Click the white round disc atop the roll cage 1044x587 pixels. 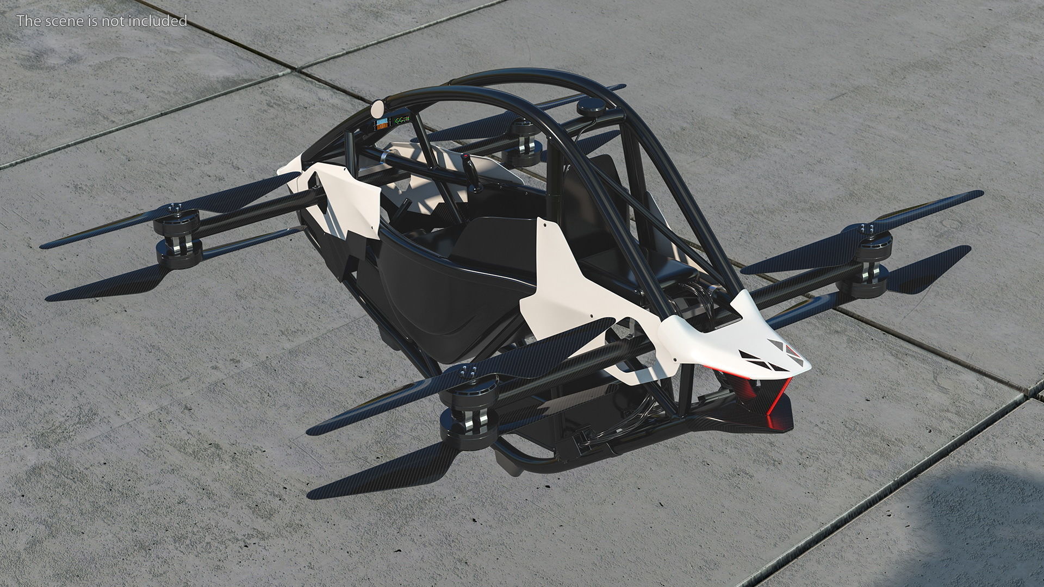pyautogui.click(x=376, y=109)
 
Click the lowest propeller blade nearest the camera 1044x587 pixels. pyautogui.click(x=381, y=478)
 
